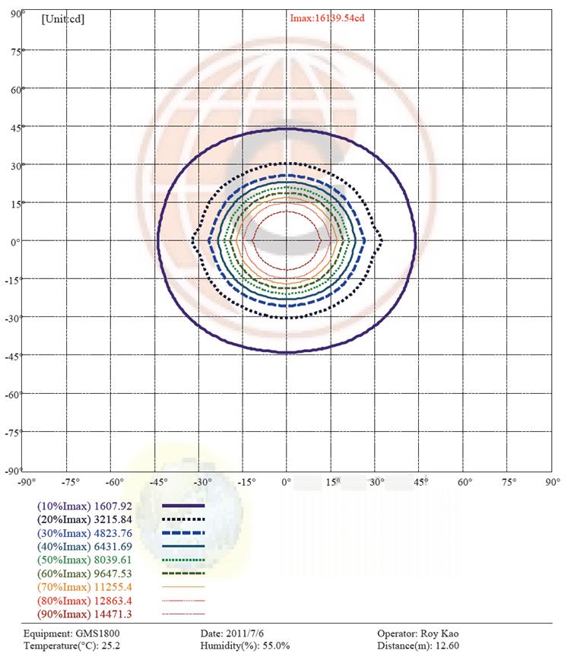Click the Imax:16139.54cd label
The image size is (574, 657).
pyautogui.click(x=328, y=17)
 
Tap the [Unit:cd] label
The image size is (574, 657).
pyautogui.click(x=62, y=18)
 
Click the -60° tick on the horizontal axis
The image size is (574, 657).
pyautogui.click(x=115, y=482)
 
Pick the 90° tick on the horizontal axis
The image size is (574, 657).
pyautogui.click(x=553, y=482)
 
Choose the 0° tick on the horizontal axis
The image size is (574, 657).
pyautogui.click(x=286, y=482)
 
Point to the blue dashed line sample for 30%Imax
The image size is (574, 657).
pyautogui.click(x=184, y=532)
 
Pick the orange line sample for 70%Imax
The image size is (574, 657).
pyautogui.click(x=184, y=586)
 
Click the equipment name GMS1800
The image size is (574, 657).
pyautogui.click(x=97, y=633)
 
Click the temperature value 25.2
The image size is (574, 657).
pyautogui.click(x=113, y=646)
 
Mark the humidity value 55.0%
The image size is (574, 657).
pyautogui.click(x=271, y=646)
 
